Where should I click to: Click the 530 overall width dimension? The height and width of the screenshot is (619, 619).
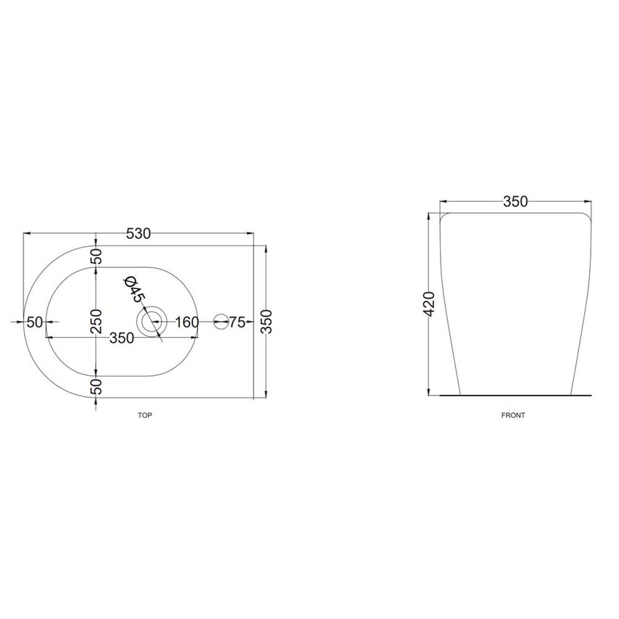138,234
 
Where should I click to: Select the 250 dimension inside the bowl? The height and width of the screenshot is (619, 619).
96,321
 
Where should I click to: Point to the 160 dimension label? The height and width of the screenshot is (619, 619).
186,322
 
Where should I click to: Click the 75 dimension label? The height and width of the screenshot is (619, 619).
237,322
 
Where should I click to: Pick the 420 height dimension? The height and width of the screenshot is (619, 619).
428,304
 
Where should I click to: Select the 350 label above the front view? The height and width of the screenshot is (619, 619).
516,202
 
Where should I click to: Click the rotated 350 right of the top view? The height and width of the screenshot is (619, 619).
267,322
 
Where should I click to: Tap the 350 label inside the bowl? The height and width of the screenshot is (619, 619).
122,338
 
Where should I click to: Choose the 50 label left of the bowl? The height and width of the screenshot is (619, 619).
35,322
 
